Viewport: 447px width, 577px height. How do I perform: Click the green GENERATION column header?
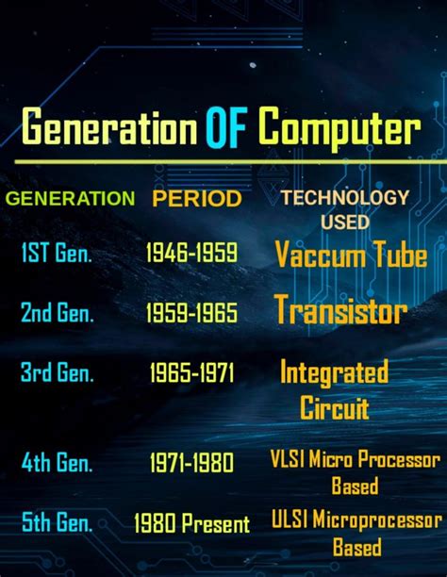tap(70, 199)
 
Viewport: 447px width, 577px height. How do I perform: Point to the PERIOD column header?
tap(196, 199)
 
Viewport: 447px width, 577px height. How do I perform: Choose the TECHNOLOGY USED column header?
tap(345, 209)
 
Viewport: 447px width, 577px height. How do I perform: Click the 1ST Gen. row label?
tap(56, 253)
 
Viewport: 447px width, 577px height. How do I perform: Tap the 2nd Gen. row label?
tap(57, 313)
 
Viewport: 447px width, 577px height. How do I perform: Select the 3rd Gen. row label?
tap(57, 372)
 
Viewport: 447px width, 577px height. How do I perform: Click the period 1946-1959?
tap(191, 253)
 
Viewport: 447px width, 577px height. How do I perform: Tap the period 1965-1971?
tap(191, 373)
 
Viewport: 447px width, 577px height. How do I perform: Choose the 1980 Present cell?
tap(191, 522)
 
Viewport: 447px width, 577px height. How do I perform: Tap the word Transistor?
tap(340, 310)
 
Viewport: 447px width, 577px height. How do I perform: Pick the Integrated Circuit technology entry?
tap(334, 388)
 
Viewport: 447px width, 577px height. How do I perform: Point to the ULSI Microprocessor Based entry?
tap(356, 533)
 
